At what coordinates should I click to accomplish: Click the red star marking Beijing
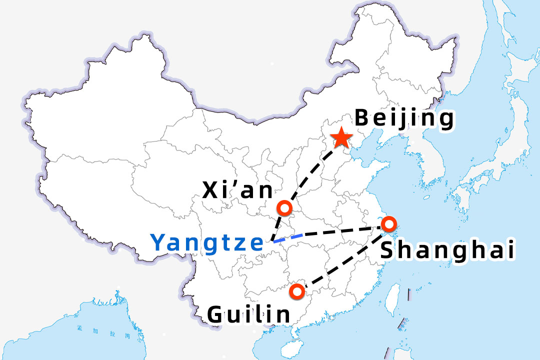[x=341, y=137]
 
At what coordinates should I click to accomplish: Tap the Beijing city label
[x=404, y=119]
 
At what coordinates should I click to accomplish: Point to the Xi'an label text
[x=237, y=190]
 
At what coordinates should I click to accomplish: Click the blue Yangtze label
[x=207, y=243]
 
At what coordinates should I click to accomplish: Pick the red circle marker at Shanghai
[x=388, y=223]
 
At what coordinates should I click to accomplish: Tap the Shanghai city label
[x=447, y=250]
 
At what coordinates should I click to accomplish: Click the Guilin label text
[x=248, y=314]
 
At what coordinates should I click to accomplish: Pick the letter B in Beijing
[x=362, y=118]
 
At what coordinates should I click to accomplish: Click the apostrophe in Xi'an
[x=238, y=185]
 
